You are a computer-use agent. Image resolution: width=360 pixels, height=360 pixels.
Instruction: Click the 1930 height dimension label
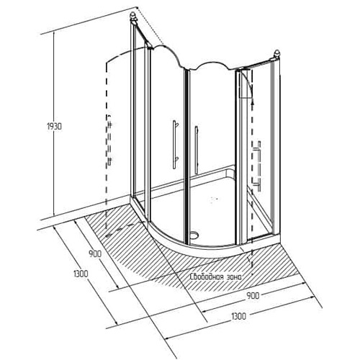click(x=54, y=127)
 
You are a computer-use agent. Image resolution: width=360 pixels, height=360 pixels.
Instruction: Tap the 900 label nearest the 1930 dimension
click(x=95, y=253)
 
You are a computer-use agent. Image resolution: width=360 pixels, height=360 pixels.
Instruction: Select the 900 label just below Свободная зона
click(x=253, y=296)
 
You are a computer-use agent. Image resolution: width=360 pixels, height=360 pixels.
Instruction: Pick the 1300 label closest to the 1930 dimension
click(x=81, y=274)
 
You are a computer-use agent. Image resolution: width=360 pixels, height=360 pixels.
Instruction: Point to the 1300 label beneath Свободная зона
click(x=239, y=316)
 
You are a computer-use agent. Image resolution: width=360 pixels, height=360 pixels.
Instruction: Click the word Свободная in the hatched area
click(x=205, y=276)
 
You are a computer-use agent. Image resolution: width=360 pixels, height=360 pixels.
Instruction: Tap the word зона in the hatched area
click(x=233, y=277)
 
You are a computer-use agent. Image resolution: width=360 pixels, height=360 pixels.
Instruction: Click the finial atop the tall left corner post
click(x=133, y=17)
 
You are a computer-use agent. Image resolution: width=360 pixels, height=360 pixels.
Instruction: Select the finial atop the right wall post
click(x=277, y=53)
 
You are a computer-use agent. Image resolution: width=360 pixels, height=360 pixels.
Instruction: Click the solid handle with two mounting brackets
click(x=175, y=145)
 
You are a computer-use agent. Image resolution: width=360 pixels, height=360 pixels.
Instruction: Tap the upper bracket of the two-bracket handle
click(x=176, y=125)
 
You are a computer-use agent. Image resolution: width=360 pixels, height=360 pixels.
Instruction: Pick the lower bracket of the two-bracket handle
click(x=176, y=159)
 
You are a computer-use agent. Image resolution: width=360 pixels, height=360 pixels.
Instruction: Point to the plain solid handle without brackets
click(x=197, y=150)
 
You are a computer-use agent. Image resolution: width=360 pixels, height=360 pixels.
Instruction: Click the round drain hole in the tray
click(x=194, y=234)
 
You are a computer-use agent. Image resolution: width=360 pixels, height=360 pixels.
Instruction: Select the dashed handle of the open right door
click(x=258, y=166)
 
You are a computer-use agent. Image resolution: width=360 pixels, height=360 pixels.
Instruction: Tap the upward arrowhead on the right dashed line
click(x=252, y=102)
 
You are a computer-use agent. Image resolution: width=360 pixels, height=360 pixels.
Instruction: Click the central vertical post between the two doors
click(x=187, y=156)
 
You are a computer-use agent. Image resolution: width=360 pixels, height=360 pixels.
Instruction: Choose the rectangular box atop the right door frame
click(x=246, y=84)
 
